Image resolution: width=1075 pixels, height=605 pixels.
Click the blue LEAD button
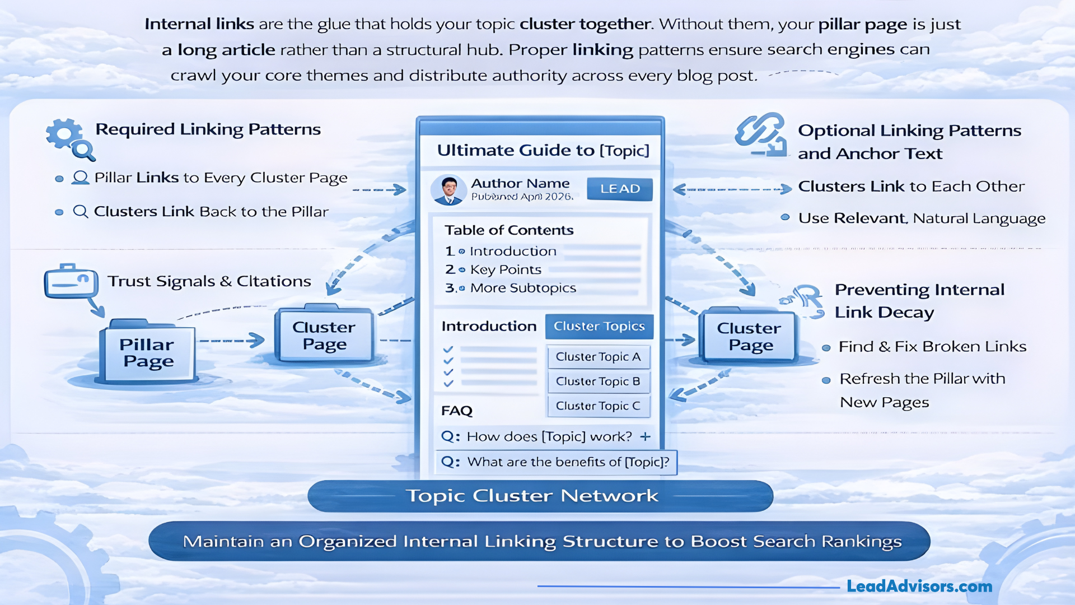coord(619,189)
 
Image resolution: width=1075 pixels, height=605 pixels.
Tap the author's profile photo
coord(448,189)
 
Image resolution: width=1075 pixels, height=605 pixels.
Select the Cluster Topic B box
coord(598,381)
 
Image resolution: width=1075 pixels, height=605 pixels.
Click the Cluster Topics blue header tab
coord(599,326)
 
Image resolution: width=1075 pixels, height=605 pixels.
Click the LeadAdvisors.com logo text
coord(919,586)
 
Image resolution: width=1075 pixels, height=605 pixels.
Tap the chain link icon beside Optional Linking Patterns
coord(760,136)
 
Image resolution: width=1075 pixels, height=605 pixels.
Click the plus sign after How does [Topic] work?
coord(646,436)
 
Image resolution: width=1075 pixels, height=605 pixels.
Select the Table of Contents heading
coord(508,230)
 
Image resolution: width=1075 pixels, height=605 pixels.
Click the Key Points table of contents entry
coord(505,269)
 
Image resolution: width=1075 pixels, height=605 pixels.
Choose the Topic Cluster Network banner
coord(540,496)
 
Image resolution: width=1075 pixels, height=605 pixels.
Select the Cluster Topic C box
coord(598,406)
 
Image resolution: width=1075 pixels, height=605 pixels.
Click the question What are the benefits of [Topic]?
coord(567,462)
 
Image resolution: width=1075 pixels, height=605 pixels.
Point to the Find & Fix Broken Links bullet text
coord(932,347)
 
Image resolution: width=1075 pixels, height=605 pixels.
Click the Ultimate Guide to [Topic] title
coord(543,150)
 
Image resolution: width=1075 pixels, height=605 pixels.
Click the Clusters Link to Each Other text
coord(911,187)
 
